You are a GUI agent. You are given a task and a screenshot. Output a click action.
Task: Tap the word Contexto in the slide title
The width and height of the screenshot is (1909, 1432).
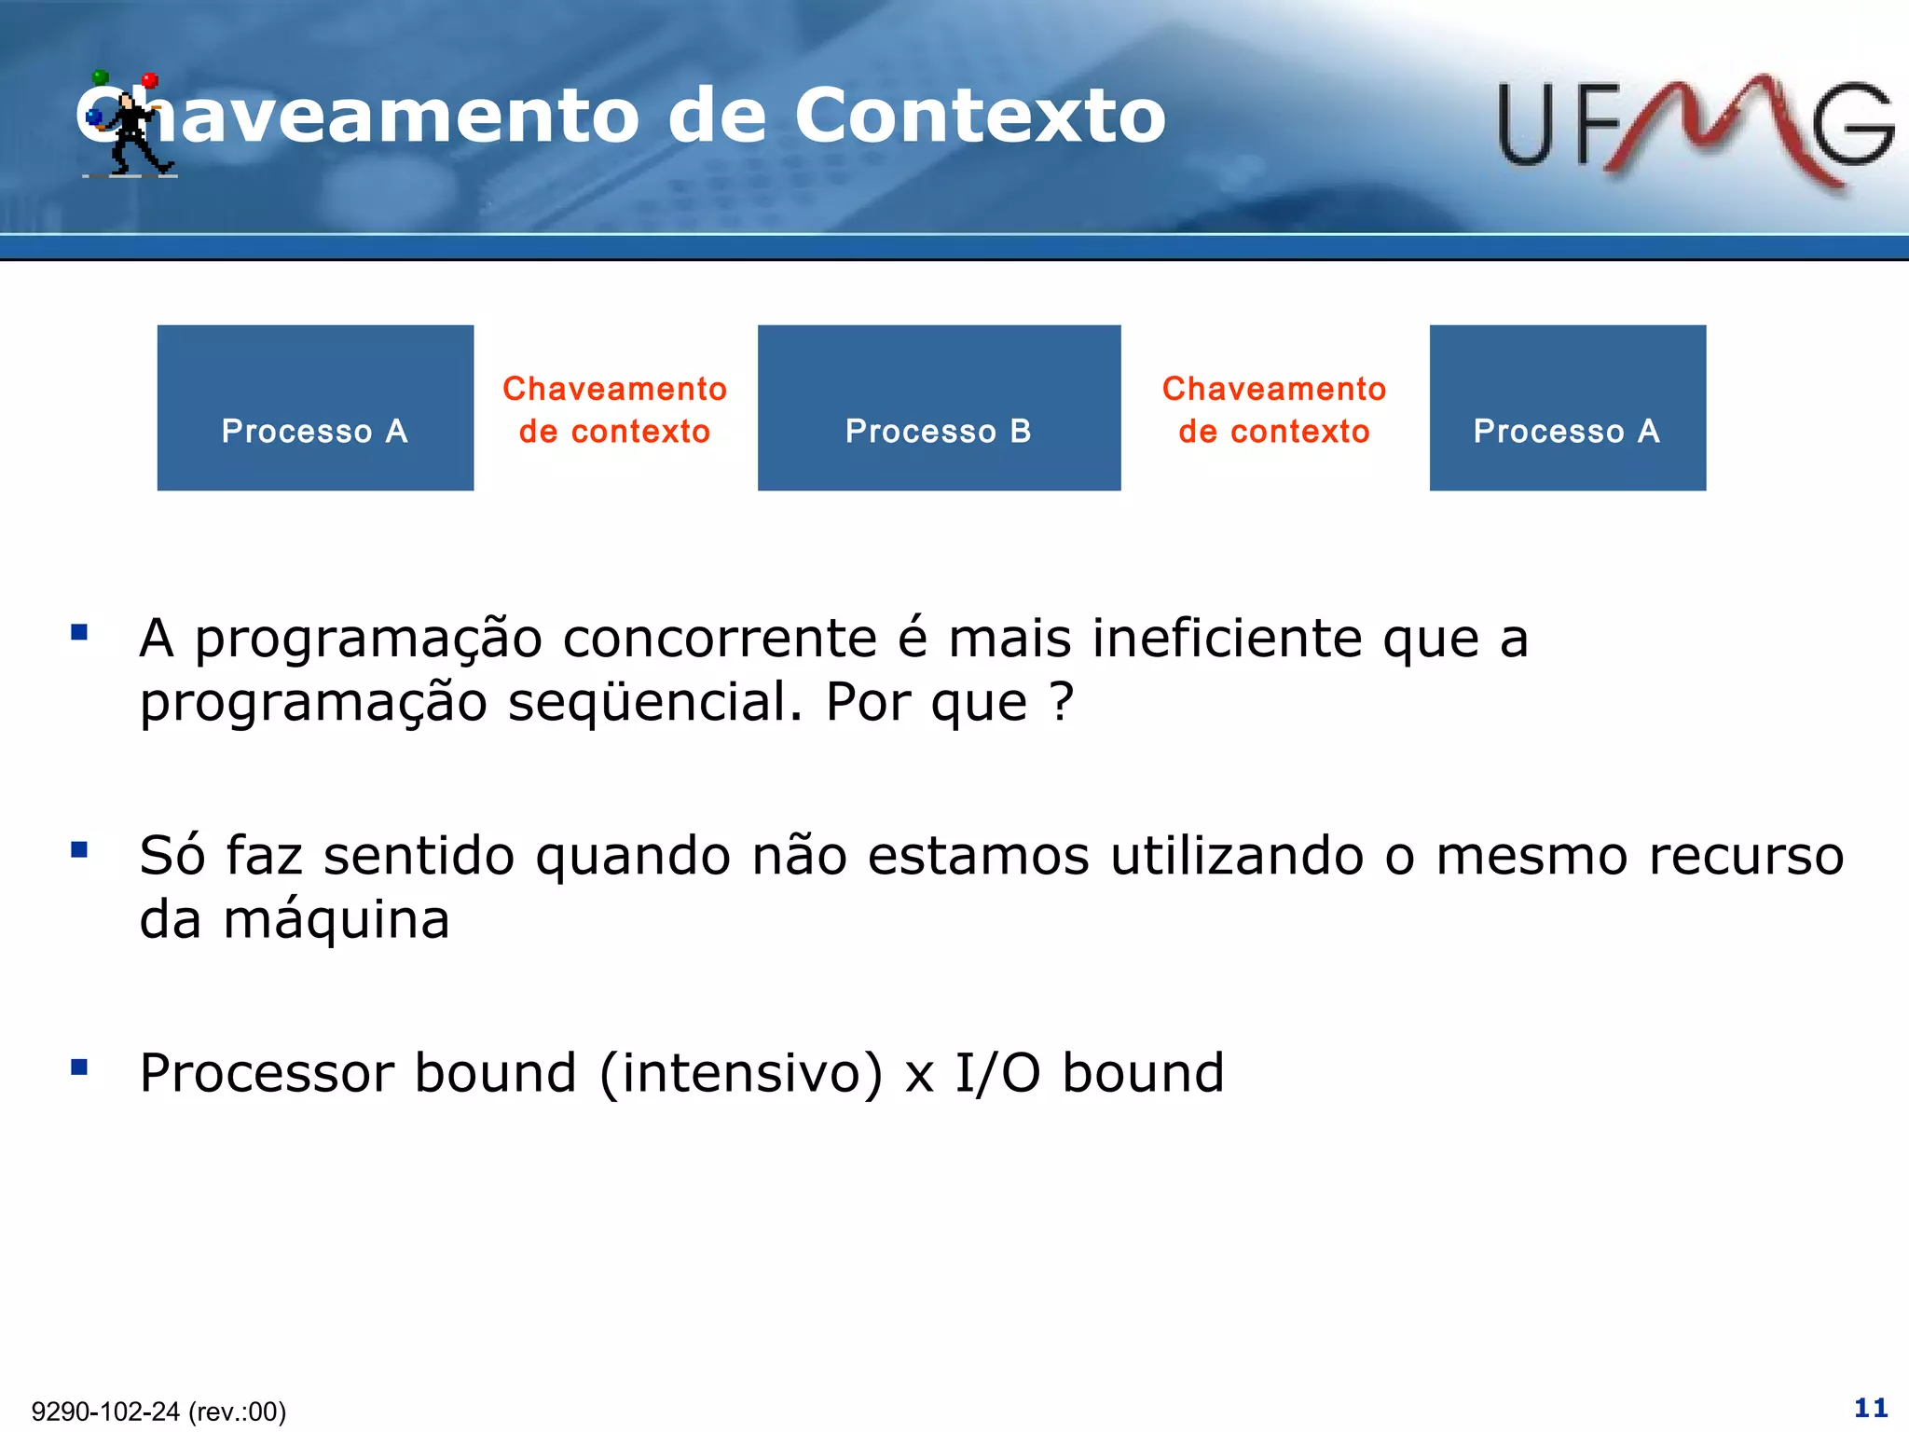click(x=979, y=116)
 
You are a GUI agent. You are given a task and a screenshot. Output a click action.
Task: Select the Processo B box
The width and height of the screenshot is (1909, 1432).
click(x=939, y=407)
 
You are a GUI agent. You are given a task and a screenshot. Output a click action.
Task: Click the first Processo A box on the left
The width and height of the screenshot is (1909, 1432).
click(x=315, y=407)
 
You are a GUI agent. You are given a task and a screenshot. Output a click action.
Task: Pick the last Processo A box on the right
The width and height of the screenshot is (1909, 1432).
click(x=1567, y=407)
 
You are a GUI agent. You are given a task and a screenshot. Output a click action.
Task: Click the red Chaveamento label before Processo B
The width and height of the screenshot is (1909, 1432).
click(x=614, y=409)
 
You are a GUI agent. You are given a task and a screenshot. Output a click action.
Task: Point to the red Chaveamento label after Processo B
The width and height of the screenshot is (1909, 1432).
click(x=1273, y=409)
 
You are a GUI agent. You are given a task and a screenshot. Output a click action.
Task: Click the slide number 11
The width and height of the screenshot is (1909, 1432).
click(x=1870, y=1407)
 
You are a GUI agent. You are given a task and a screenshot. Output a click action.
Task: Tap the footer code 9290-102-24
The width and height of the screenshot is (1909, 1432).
click(x=105, y=1411)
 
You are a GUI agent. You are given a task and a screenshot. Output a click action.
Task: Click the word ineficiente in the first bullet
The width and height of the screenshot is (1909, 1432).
click(x=1227, y=640)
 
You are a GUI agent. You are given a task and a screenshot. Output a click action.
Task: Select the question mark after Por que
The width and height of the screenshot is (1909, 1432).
click(x=1061, y=702)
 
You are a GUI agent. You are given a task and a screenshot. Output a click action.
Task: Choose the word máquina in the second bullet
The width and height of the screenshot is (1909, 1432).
click(x=336, y=920)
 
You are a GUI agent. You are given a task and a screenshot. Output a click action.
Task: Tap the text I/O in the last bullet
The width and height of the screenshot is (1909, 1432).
click(x=996, y=1073)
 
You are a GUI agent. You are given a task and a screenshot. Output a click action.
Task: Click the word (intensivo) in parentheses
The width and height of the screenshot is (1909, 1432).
click(x=740, y=1073)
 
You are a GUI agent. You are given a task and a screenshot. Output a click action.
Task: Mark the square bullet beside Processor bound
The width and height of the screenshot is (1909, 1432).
click(x=79, y=1067)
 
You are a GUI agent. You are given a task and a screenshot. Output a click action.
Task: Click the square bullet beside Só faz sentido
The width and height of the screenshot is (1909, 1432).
click(x=79, y=849)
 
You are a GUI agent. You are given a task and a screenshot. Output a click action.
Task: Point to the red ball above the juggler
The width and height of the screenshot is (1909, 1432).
click(x=150, y=81)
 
